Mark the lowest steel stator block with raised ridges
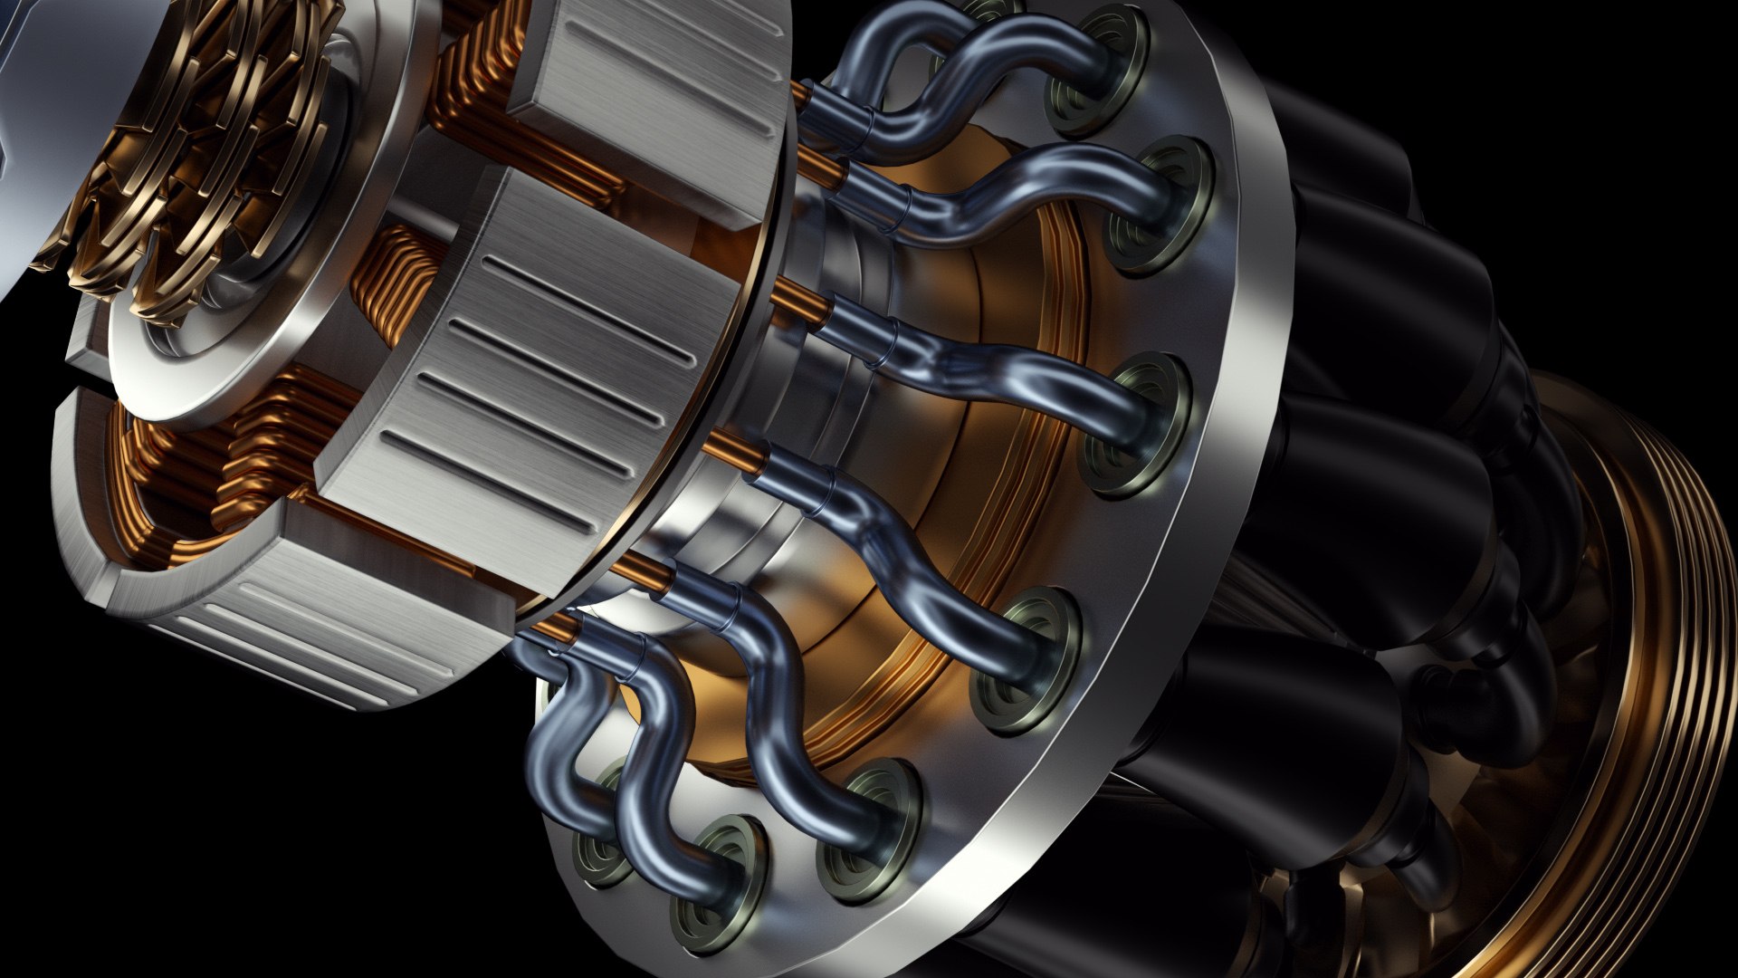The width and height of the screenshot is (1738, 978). coord(308,634)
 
